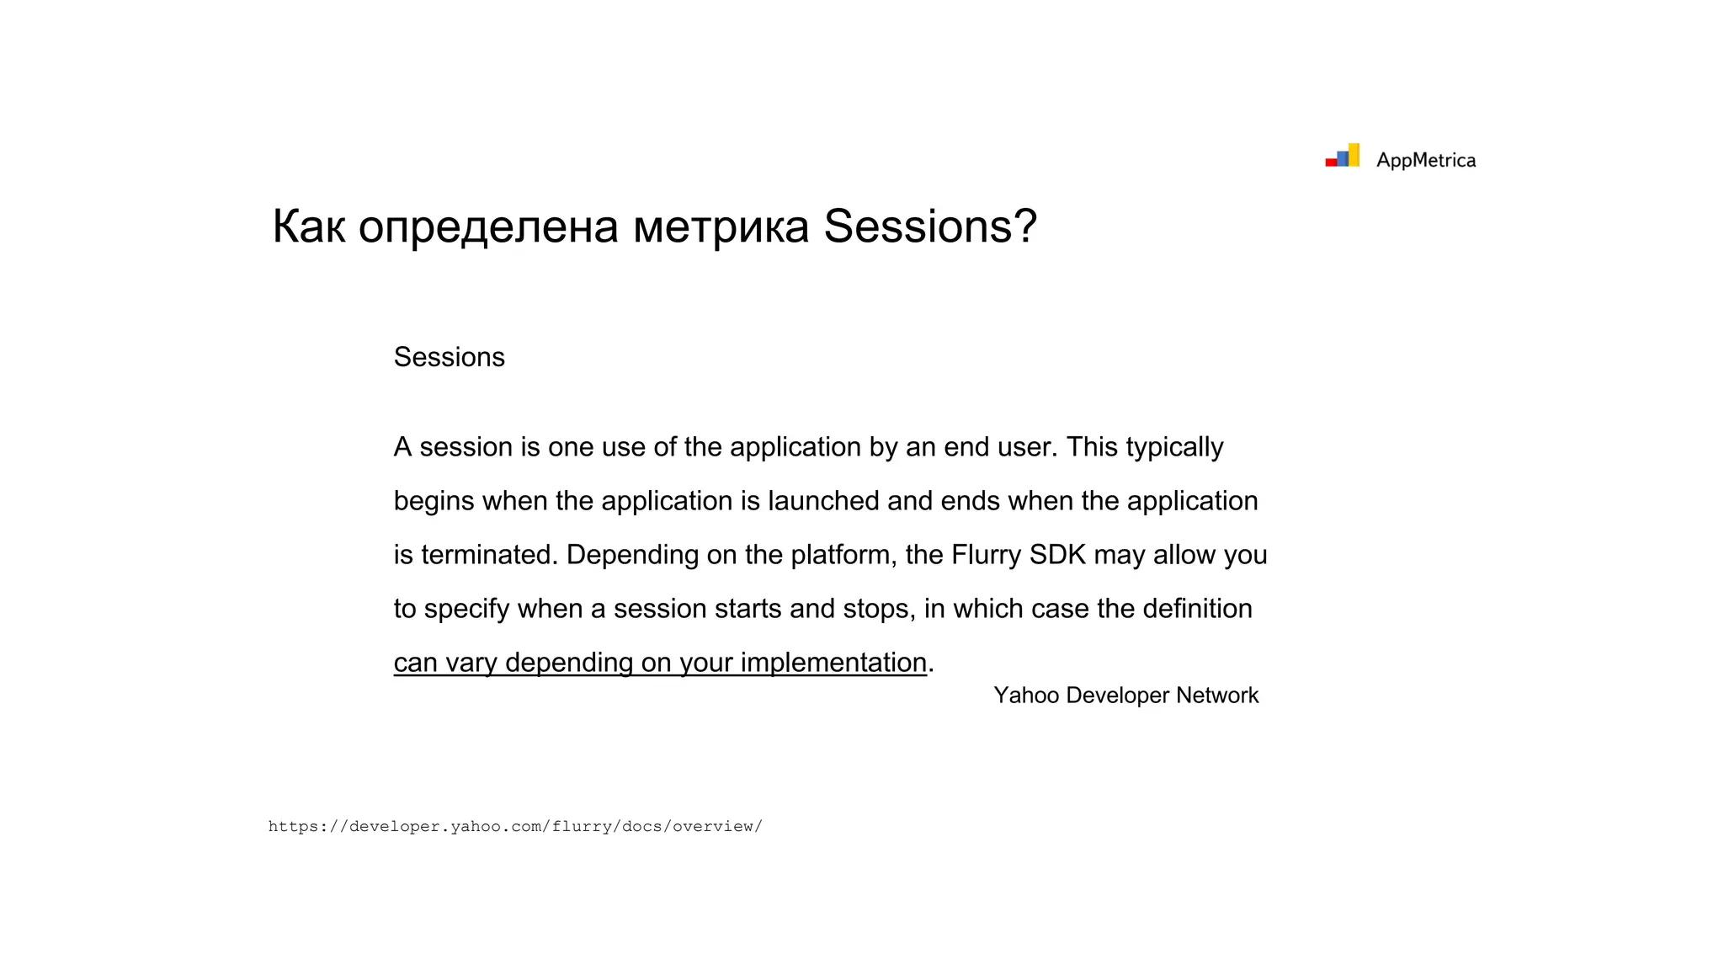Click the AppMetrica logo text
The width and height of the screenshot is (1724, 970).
click(x=1425, y=160)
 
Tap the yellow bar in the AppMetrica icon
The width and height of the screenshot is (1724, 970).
click(x=1354, y=155)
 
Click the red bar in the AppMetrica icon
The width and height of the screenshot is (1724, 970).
click(x=1331, y=162)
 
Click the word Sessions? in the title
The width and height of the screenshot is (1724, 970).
click(x=930, y=227)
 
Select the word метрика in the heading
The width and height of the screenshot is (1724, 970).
click(x=721, y=227)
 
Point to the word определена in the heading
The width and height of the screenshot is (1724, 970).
click(x=488, y=227)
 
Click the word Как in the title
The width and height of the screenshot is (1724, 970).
click(x=308, y=227)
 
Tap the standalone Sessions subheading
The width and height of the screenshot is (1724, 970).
click(x=449, y=357)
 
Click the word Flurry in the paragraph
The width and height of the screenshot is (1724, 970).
click(x=986, y=555)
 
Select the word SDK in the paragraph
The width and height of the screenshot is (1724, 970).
click(x=1057, y=555)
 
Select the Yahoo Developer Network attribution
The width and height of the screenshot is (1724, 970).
click(x=1125, y=696)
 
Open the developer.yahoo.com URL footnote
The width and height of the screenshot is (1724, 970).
click(x=515, y=826)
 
